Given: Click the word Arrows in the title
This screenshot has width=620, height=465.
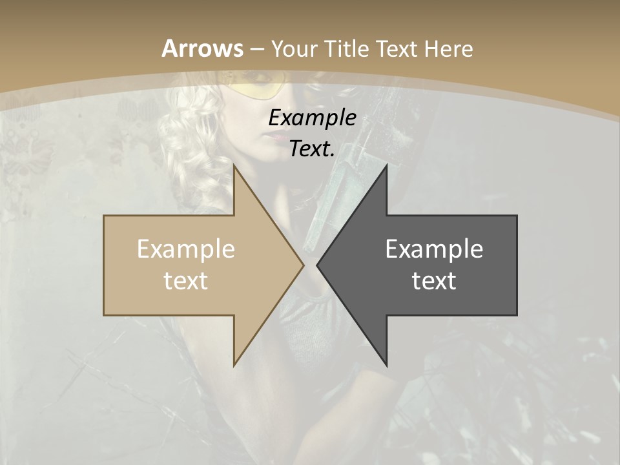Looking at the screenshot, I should (x=203, y=48).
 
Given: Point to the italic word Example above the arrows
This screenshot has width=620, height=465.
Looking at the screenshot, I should (x=312, y=118).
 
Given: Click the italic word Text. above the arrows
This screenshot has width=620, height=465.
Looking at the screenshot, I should (x=312, y=149).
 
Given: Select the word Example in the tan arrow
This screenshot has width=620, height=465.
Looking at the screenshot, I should (x=186, y=249).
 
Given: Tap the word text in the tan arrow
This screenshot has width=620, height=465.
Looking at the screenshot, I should (x=186, y=280).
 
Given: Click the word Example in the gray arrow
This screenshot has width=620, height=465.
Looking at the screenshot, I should (x=434, y=249).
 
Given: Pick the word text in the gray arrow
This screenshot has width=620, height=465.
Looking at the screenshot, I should (x=434, y=280).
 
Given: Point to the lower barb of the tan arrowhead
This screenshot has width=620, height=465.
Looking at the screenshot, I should (x=235, y=363).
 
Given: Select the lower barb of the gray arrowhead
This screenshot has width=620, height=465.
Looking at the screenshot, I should (x=386, y=363).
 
